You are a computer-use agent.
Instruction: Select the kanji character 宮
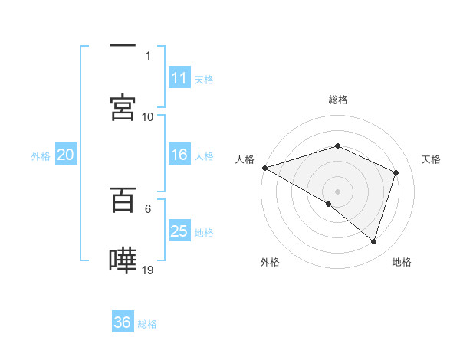point(123,108)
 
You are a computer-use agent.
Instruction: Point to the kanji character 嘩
point(123,260)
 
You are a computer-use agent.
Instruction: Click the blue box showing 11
point(179,78)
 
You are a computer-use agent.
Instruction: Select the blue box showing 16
point(179,155)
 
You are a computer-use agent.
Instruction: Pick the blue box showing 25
point(179,231)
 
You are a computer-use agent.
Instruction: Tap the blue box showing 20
point(66,155)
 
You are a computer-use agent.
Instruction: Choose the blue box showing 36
point(123,322)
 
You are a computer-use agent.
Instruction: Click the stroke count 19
point(149,270)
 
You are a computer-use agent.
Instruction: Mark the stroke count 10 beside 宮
point(148,116)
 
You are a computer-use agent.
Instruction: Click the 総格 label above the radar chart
point(337,100)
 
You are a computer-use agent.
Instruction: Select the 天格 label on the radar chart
point(431,159)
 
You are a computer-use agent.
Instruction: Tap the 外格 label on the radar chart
point(270,262)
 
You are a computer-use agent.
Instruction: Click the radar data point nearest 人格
point(264,168)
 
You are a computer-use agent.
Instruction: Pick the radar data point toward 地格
point(373,242)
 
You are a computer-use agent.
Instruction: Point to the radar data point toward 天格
point(396,172)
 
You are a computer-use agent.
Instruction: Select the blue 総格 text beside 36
point(147,324)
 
